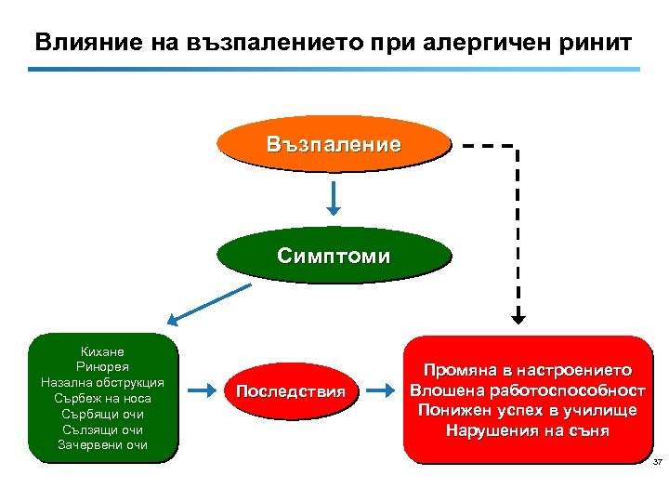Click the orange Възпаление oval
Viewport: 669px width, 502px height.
coord(333,145)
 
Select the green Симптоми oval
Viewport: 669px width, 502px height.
coord(333,256)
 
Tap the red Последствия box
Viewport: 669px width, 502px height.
coord(290,391)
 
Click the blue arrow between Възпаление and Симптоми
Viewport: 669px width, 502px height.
coord(334,196)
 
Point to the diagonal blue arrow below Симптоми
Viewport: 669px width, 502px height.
coord(214,304)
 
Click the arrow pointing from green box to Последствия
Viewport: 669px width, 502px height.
coord(202,391)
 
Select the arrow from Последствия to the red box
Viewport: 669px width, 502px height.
coord(379,391)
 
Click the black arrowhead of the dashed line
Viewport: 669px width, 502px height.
coord(518,316)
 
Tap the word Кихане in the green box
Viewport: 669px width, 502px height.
coord(103,351)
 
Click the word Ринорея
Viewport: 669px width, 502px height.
coord(103,367)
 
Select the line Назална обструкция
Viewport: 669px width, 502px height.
coord(103,383)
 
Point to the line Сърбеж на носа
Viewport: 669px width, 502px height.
coord(103,399)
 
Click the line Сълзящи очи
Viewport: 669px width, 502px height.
coord(103,429)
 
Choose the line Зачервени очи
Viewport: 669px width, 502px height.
coord(103,445)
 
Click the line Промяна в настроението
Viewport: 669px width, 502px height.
coord(527,369)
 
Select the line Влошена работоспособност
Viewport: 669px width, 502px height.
coord(527,390)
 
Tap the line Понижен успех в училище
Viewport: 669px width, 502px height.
coord(527,410)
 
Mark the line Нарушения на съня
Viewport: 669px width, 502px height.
coord(527,430)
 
